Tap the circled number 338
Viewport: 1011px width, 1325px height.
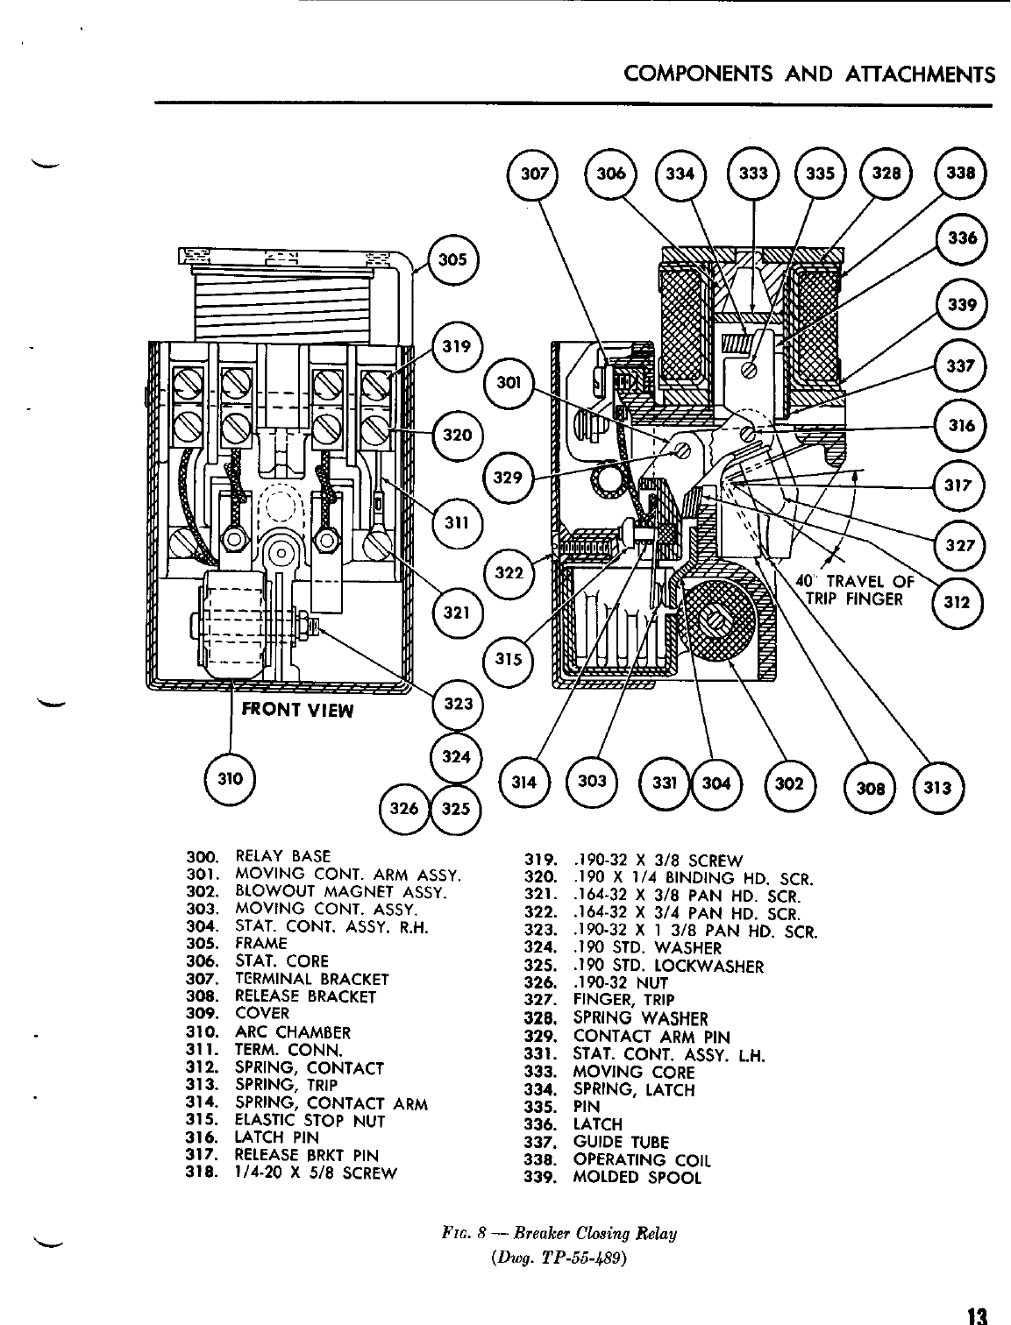click(x=962, y=173)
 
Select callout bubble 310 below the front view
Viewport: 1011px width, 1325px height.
click(x=230, y=776)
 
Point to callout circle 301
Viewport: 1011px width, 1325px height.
click(x=509, y=382)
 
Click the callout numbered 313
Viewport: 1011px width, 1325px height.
click(x=938, y=786)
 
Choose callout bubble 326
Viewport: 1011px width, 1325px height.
click(x=404, y=809)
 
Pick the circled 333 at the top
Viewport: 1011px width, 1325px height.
click(x=753, y=173)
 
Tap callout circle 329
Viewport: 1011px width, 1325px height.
click(x=509, y=478)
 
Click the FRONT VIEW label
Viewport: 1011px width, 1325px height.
click(x=297, y=709)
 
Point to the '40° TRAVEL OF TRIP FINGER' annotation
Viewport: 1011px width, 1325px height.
click(x=854, y=591)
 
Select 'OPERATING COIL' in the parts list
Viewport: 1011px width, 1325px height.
click(x=641, y=1159)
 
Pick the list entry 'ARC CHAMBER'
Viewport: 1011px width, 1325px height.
click(x=293, y=1032)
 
